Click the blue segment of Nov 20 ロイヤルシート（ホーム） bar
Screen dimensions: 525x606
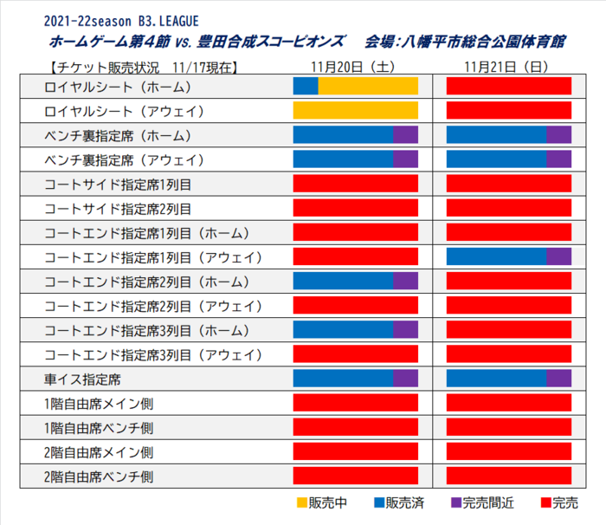(x=306, y=86)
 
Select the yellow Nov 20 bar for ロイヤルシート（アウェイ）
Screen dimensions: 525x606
(x=356, y=110)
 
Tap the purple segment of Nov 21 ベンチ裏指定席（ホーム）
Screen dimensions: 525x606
(x=558, y=134)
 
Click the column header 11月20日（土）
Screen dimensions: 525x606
(x=355, y=66)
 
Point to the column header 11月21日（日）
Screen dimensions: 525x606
(x=508, y=66)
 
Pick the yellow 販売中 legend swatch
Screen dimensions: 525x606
(x=301, y=502)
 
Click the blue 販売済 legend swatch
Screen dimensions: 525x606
(x=379, y=502)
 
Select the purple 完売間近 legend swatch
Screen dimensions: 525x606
(x=456, y=502)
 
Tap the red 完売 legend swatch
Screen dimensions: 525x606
(x=545, y=502)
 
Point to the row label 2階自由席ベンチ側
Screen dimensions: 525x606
(x=99, y=476)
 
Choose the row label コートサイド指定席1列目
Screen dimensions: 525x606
(x=118, y=184)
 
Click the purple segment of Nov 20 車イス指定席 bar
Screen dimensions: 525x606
(x=405, y=378)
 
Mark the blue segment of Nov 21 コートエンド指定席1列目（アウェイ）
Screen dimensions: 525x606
(x=496, y=256)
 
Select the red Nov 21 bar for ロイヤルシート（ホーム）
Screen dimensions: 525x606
(x=508, y=86)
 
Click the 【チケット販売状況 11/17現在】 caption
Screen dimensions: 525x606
(x=144, y=66)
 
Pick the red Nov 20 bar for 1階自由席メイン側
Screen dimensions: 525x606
(x=356, y=402)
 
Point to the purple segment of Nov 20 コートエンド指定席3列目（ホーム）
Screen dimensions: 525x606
(x=405, y=329)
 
